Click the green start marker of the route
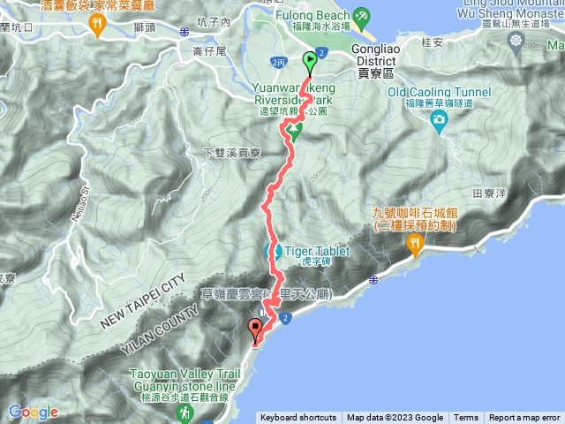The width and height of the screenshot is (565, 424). [311, 62]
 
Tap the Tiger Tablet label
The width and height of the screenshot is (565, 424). [316, 251]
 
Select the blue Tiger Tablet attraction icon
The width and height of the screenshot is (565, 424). [274, 252]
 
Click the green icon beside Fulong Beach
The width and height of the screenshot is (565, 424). [361, 16]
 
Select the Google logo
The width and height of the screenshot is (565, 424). [33, 412]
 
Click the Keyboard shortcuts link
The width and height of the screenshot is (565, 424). [298, 418]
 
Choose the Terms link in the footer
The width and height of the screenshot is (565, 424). [466, 418]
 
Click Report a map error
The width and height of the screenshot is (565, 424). [524, 418]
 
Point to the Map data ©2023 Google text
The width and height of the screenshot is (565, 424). [395, 418]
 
